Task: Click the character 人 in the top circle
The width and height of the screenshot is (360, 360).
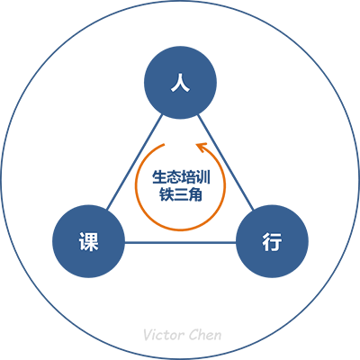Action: pos(180,83)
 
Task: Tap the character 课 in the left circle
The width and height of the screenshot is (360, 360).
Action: pos(89,242)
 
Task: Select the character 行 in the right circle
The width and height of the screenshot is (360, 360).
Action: pos(272,242)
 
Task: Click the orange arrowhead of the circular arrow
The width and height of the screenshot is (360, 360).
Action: pos(201,147)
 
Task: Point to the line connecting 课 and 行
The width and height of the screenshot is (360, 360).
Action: pos(180,242)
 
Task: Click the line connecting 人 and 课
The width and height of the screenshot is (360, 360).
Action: pos(135,162)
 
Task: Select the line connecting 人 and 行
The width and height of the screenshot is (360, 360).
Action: pos(226,162)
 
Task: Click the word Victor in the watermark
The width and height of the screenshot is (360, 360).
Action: pos(161,335)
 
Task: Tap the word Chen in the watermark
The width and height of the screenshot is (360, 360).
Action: pos(202,335)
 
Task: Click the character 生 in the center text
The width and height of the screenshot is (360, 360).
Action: pos(159,177)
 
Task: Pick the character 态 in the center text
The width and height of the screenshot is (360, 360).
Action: pos(174,177)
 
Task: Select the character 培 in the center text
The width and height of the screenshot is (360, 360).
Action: pos(188,177)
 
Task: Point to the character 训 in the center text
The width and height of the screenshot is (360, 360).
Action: pos(202,177)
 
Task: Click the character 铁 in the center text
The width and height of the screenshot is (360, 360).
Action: pos(166,194)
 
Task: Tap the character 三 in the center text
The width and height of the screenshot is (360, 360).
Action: pos(181,194)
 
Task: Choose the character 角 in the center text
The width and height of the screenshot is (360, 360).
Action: pos(195,194)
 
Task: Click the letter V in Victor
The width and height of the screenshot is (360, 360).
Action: pos(148,335)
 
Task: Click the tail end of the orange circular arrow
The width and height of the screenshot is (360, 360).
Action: pos(165,145)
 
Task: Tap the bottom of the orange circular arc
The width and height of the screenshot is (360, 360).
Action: pos(180,230)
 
